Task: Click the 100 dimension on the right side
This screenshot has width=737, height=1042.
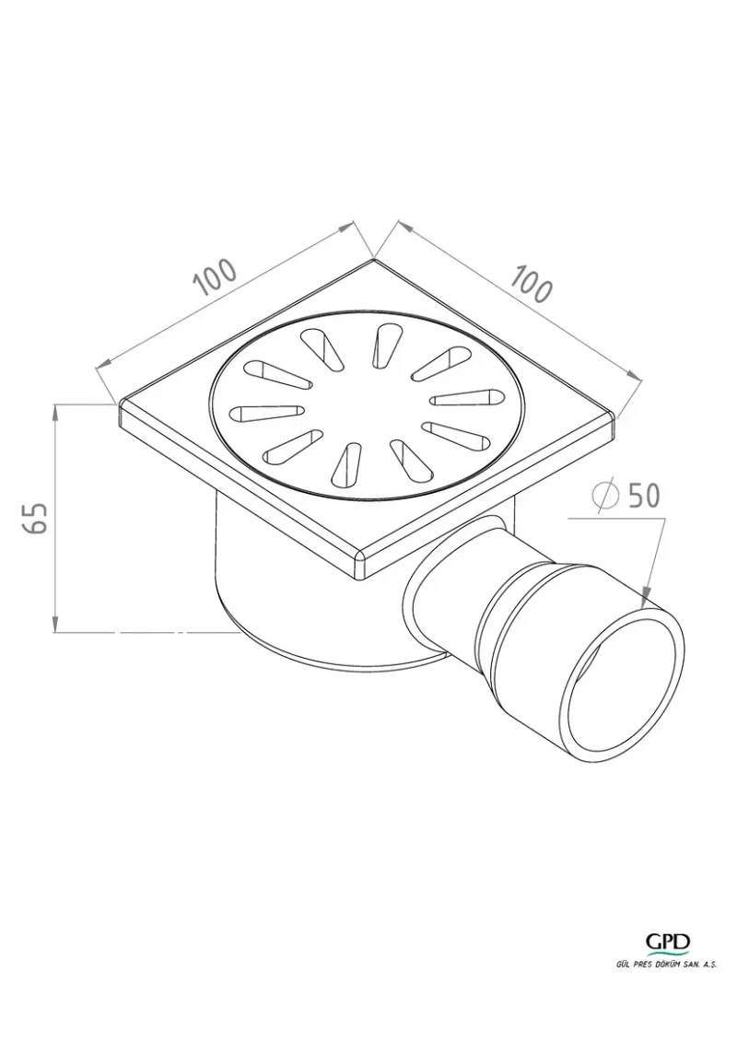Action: point(531,284)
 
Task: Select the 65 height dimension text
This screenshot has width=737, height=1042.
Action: point(35,518)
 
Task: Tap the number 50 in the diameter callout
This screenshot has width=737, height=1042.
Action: point(644,495)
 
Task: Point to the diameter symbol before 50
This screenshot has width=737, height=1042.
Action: point(604,495)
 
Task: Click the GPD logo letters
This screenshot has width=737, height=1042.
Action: point(668,941)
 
